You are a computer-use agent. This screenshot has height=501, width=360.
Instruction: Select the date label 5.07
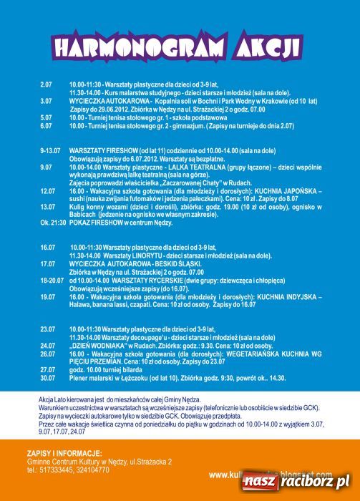pyautogui.click(x=47, y=117)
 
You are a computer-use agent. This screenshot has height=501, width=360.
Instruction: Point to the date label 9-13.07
pyautogui.click(x=50, y=152)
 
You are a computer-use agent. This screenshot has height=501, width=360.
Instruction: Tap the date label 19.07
pyautogui.click(x=48, y=296)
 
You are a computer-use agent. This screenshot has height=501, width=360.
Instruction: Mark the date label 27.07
pyautogui.click(x=48, y=369)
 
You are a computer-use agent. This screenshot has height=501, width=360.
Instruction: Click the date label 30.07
pyautogui.click(x=48, y=378)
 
